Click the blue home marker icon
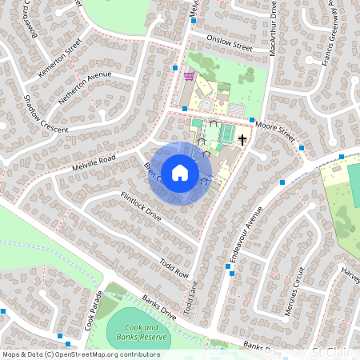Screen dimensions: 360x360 point(180,172)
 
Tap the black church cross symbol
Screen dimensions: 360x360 point(242,141)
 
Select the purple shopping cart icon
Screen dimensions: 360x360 point(189,77)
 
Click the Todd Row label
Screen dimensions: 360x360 point(173,268)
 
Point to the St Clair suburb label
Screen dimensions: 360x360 point(331,352)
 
